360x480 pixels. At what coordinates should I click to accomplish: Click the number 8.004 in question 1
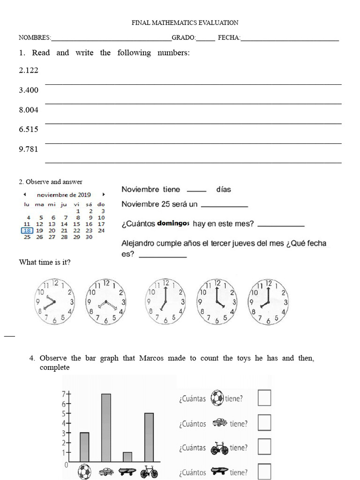(x=29, y=110)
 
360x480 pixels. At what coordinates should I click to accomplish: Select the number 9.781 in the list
(x=29, y=149)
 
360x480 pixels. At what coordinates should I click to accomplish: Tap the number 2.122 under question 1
(x=29, y=70)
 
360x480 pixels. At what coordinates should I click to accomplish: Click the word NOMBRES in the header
(x=34, y=37)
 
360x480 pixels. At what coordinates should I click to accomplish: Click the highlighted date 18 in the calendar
(x=27, y=230)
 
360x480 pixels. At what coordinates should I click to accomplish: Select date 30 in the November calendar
(x=89, y=237)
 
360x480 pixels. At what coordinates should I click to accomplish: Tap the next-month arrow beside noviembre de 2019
(x=103, y=195)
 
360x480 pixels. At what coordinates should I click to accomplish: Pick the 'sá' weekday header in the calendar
(x=89, y=204)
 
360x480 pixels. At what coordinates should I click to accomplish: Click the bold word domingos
(x=173, y=224)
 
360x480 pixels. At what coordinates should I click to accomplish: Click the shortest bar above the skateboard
(x=127, y=457)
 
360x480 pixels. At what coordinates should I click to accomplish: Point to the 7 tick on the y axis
(x=66, y=394)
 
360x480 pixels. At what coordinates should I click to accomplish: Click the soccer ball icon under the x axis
(x=84, y=471)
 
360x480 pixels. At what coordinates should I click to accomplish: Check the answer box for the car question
(x=264, y=423)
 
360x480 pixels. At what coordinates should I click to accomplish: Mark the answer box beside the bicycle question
(x=264, y=447)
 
